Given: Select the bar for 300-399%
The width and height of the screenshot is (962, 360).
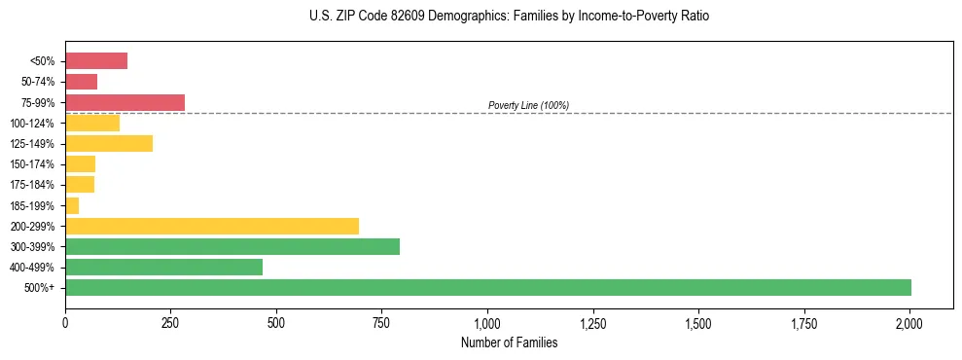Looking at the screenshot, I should [232, 246].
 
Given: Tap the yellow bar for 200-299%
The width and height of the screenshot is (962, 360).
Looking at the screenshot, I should [212, 226].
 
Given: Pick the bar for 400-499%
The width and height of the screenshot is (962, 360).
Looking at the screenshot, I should [163, 267].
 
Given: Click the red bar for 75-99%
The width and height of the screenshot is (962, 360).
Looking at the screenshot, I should [125, 102].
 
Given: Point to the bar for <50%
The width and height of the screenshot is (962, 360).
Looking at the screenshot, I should [96, 61].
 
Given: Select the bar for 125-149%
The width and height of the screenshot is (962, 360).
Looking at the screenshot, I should [109, 144].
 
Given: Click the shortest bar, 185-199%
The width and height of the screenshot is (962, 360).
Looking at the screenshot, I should [72, 205].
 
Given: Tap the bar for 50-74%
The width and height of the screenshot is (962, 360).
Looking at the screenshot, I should [81, 82].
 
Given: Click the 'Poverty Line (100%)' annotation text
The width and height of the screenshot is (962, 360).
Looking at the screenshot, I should [528, 105].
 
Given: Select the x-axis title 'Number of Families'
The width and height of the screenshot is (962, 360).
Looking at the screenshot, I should [509, 342].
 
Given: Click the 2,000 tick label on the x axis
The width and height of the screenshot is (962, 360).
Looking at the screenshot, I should [909, 322].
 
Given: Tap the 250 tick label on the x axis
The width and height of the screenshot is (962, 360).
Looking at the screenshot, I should [170, 322].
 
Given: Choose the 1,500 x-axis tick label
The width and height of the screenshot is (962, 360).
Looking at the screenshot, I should [698, 322].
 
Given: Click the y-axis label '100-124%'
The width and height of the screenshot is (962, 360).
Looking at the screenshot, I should [32, 124].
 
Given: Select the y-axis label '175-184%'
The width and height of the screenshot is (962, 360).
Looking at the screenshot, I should [32, 185].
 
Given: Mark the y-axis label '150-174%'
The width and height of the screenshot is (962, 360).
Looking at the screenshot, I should [32, 164].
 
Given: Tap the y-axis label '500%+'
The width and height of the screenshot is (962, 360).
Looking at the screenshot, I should [39, 288].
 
